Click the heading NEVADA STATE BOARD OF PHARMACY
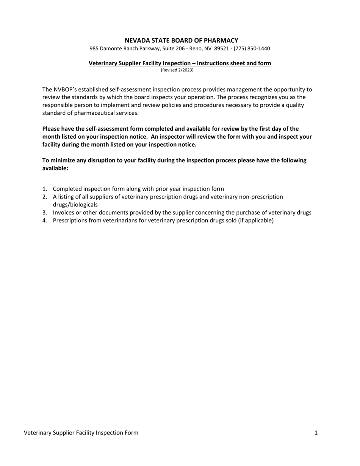(x=181, y=41)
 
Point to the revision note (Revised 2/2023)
(x=177, y=70)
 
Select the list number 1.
(x=44, y=189)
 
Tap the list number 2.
(x=44, y=197)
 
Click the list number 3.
(x=44, y=213)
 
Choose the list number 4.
(x=44, y=220)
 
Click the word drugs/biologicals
(x=75, y=205)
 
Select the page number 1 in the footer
(x=316, y=433)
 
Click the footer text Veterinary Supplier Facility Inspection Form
(x=81, y=433)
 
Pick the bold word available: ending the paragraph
(x=55, y=168)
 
